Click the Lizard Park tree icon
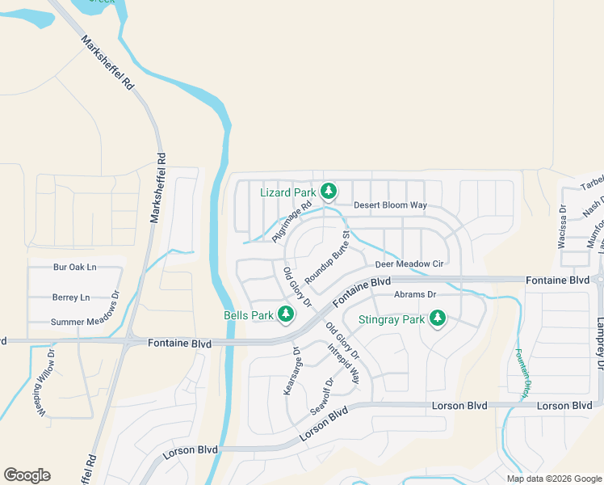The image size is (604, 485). click(328, 192)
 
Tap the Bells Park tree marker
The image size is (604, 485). click(285, 314)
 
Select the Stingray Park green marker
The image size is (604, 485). click(438, 318)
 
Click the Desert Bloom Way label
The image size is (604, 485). click(390, 205)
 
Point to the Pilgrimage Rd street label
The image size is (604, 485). click(292, 222)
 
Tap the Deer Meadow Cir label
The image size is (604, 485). click(409, 264)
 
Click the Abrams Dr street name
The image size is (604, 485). click(415, 294)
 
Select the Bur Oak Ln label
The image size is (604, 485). click(74, 267)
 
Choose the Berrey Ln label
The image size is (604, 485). click(71, 297)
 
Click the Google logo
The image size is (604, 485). click(27, 475)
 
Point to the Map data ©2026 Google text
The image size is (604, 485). click(554, 479)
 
